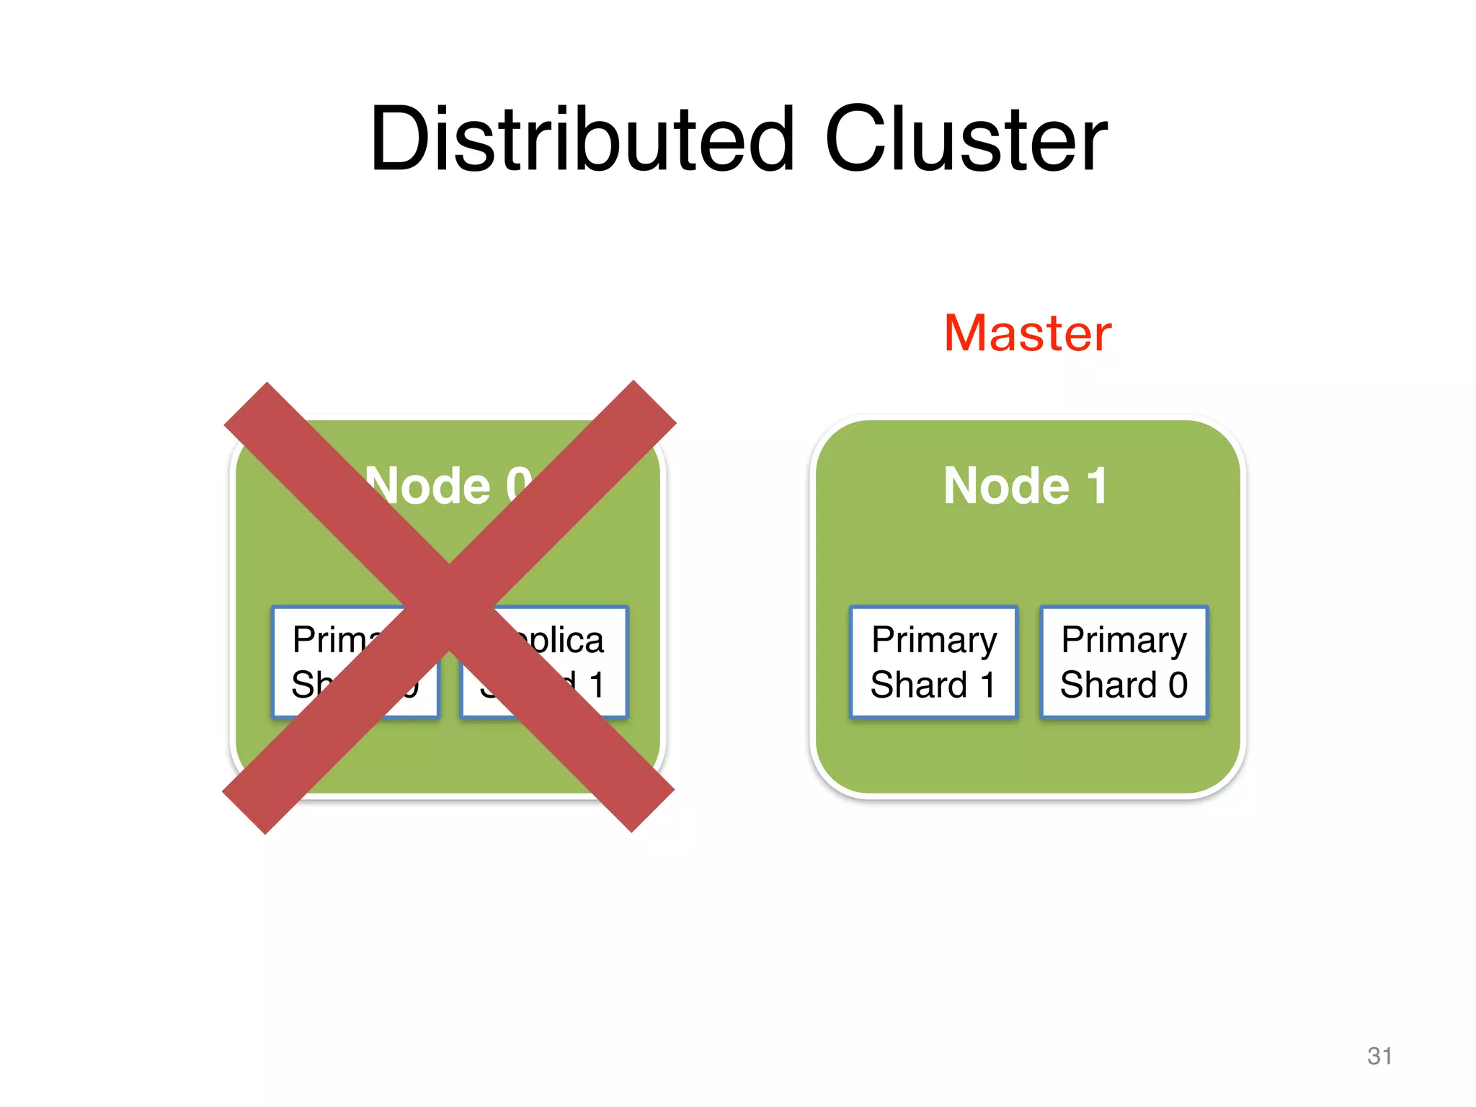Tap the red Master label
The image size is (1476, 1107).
pos(1028,333)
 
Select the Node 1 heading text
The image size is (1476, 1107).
pos(1025,486)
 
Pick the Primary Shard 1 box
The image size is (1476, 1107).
pos(933,662)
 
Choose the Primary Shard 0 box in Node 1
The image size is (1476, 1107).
pos(1124,662)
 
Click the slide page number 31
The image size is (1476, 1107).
pos(1379,1056)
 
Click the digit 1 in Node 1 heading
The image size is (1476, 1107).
pos(1097,486)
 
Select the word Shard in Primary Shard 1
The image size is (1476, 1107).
pos(919,685)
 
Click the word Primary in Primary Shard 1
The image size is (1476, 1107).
pos(934,640)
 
